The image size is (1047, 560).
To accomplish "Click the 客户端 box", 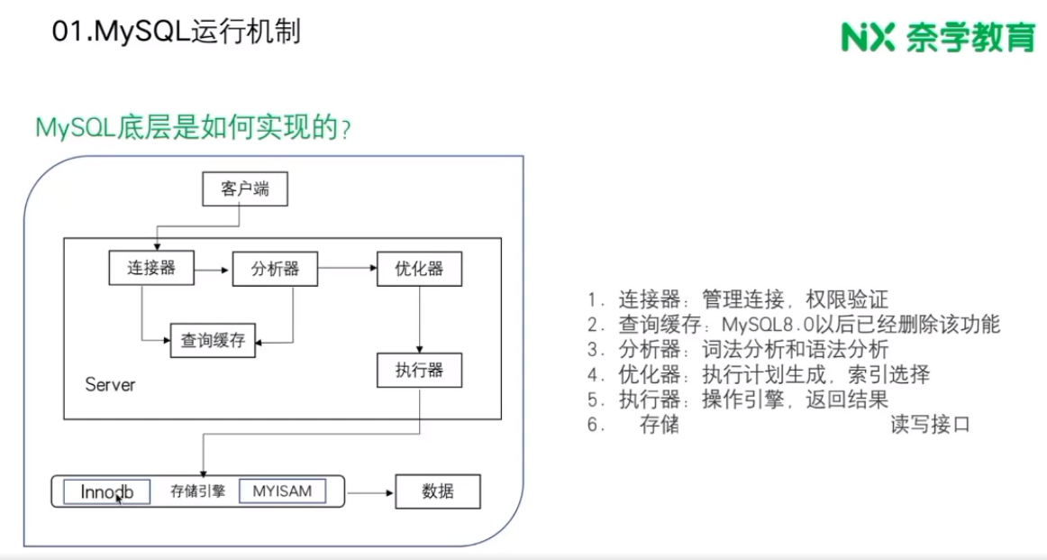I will tap(245, 189).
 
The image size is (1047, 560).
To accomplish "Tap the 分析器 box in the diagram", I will tap(276, 269).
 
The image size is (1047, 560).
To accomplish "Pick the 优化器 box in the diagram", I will tap(418, 269).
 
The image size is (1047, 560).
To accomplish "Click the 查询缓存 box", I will tap(214, 341).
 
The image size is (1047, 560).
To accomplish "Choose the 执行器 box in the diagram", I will tap(418, 369).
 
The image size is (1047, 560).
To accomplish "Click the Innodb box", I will tap(107, 492).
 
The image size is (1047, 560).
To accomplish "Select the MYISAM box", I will tap(281, 491).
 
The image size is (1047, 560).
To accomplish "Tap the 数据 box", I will tap(438, 492).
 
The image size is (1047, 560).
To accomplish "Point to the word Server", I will tap(110, 385).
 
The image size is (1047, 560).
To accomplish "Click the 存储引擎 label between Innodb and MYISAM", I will tap(198, 492).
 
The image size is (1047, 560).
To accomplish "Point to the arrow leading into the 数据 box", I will tap(370, 493).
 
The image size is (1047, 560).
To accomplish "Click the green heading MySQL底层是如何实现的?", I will tap(192, 128).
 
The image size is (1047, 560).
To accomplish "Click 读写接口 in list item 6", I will tap(930, 425).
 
